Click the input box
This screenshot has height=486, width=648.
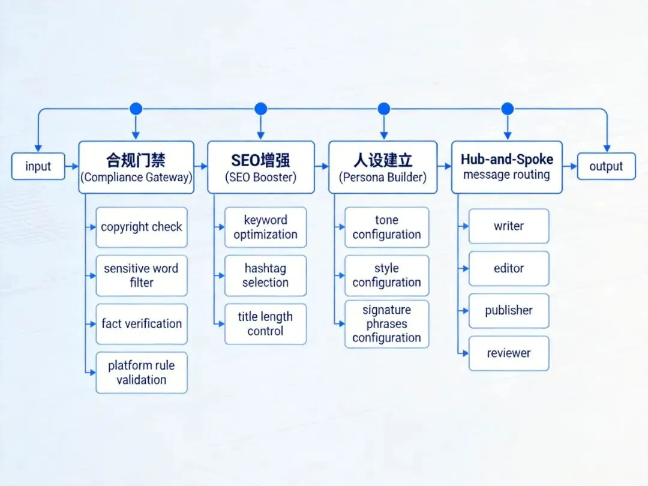point(38,166)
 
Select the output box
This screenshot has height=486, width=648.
point(606,166)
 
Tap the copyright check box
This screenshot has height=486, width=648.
point(142,227)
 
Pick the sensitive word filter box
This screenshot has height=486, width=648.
point(142,275)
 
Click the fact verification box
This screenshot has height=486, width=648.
point(142,324)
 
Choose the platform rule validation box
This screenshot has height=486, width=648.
point(142,373)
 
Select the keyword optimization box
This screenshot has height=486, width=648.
point(265,227)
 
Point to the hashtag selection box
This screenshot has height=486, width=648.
point(265,275)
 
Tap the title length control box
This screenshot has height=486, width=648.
point(265,324)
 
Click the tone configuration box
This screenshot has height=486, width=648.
point(386,227)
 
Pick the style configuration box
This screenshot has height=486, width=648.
point(386,275)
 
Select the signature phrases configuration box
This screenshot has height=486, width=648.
point(386,324)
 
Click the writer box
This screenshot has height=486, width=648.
point(509,226)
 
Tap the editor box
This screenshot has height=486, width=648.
point(509,268)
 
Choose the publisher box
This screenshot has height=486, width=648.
point(509,311)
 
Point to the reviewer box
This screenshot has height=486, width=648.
point(509,353)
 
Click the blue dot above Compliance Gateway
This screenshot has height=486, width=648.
point(136,109)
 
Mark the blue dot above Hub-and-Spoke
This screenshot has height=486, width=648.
point(508,109)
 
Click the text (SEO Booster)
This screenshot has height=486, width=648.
point(261,178)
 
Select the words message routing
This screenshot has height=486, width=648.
point(507,175)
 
